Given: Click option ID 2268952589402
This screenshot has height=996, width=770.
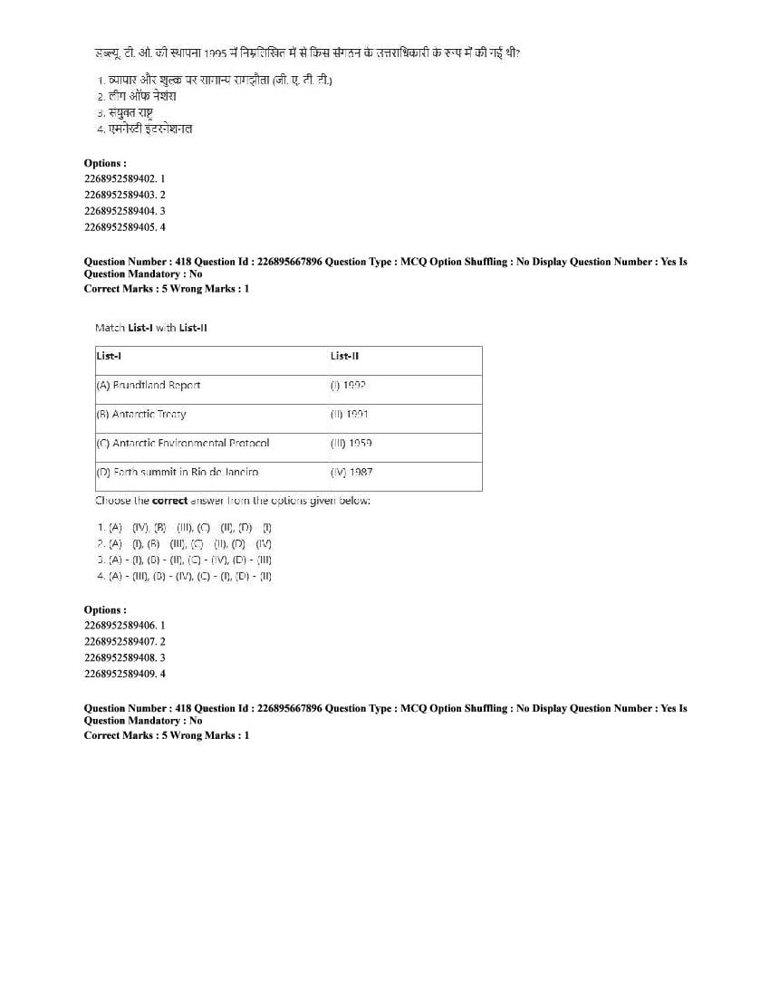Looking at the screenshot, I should pos(124,179).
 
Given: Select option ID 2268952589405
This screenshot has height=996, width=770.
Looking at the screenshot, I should pos(124,226).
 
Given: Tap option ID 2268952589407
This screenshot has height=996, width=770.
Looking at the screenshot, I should pos(124,641).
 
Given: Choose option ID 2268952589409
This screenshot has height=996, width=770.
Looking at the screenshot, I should pos(124,674).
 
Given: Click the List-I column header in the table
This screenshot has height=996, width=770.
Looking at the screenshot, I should pos(109,356).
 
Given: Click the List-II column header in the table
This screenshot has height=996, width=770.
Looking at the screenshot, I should pos(344,356).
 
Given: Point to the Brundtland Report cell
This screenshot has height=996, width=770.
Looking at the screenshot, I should pos(148,385).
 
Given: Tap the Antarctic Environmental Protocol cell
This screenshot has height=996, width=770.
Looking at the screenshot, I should pos(182,443).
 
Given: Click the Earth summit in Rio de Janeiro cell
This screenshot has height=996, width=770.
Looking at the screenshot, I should pos(177,472).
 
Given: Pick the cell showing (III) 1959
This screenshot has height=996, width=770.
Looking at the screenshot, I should pos(351,443).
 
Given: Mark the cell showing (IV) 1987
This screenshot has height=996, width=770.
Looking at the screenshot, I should pos(351,472).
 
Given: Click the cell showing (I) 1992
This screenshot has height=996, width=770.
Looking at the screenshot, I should pos(348,385).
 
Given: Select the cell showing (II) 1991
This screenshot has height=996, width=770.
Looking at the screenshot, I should pos(350,414).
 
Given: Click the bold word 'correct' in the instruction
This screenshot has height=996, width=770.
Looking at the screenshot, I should pos(169,500).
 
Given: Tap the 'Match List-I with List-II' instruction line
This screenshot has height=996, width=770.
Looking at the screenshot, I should pos(150,327).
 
